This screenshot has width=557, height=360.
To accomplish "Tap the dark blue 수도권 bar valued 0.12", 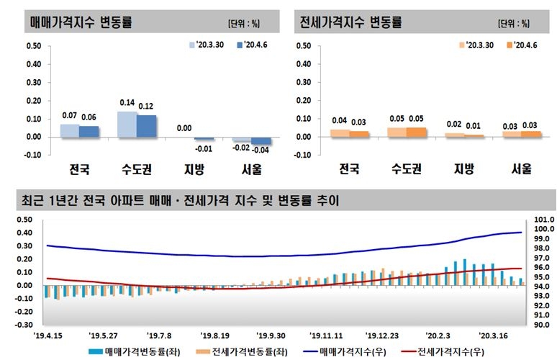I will pos(147,125).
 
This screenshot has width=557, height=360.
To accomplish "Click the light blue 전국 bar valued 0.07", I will pos(70,130).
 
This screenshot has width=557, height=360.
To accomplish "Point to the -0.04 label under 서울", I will pos(261,150).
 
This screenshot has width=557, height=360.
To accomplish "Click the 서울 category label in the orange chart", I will pos(522,170).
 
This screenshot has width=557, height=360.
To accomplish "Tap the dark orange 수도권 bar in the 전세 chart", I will pos(416,132).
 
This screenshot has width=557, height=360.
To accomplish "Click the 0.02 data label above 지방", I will pos(454,124).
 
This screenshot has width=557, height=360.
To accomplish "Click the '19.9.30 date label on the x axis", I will pos(272,335).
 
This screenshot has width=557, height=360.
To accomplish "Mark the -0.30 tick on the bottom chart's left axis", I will pos(24,325).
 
